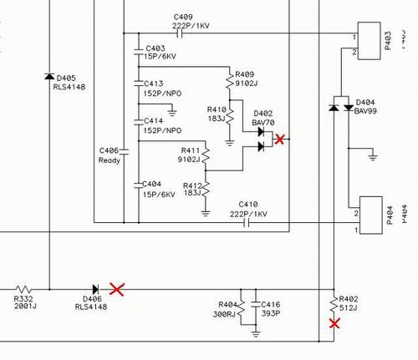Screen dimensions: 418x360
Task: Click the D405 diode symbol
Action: coord(49,76)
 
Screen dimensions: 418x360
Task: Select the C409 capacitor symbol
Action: coord(180,33)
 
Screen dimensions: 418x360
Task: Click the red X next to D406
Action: coord(117,289)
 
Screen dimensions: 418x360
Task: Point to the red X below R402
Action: coord(334,324)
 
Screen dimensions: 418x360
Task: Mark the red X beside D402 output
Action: coord(279,139)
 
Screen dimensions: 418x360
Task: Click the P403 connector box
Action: coord(369,41)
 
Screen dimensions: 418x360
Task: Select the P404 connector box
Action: coord(371,215)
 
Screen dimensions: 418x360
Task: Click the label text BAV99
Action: coord(365,111)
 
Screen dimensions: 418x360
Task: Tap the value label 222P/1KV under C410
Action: coord(248,214)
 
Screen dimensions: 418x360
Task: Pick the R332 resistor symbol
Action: coord(23,289)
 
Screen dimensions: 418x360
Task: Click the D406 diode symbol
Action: coord(95,289)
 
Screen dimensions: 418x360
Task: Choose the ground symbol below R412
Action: coord(206,214)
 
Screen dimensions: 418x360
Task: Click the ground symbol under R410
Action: coord(229,144)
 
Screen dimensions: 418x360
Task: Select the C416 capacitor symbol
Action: coord(256,304)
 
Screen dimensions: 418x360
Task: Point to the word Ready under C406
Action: coord(110,160)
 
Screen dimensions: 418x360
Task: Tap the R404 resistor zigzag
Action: coord(241,308)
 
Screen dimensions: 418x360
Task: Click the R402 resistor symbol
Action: coord(334,304)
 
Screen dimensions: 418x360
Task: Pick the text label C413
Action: coord(154,84)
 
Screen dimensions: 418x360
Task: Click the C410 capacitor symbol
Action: coord(246,223)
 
